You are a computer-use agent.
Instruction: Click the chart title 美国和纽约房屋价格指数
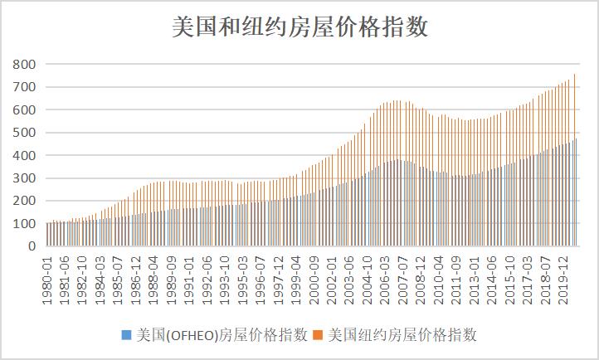[x=299, y=27]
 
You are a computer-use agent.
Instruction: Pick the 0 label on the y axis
[x=32, y=246]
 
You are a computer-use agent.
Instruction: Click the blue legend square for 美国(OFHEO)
[x=126, y=335]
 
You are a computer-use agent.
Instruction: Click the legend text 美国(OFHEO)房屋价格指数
[x=221, y=335]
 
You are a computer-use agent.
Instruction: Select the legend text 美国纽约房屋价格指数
[x=403, y=335]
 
